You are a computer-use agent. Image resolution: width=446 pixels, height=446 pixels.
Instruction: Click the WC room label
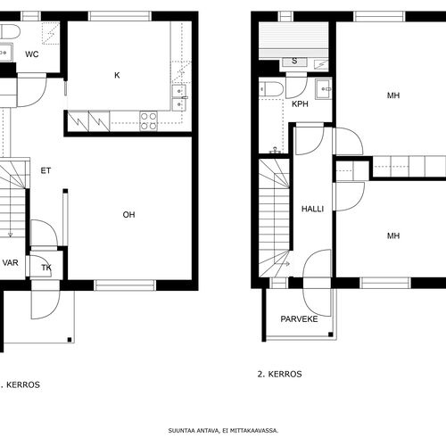[x=32, y=54]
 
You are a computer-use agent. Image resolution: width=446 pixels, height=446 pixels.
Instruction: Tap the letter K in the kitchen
[x=117, y=75]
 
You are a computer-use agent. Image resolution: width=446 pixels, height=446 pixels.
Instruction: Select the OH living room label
[x=128, y=215]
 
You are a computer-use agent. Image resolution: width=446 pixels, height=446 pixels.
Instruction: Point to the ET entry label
[x=45, y=170]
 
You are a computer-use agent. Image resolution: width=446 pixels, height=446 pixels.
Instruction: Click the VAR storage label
[x=11, y=262]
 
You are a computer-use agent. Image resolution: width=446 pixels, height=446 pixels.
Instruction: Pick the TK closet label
[x=46, y=268]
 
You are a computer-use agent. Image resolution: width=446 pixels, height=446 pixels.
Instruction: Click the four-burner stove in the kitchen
[x=149, y=121]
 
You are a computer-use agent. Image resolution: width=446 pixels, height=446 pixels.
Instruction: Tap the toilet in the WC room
[x=10, y=32]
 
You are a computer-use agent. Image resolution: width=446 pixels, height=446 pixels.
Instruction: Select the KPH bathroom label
[x=300, y=104]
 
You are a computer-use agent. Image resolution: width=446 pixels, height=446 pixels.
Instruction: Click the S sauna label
[x=294, y=61]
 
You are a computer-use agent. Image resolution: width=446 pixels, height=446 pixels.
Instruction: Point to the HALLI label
[x=312, y=209]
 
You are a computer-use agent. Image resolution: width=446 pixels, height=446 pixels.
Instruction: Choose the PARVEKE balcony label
[x=299, y=319]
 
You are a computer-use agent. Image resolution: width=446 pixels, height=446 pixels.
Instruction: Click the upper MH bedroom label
[x=393, y=95]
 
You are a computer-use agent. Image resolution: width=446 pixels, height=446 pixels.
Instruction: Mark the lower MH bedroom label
[x=393, y=235]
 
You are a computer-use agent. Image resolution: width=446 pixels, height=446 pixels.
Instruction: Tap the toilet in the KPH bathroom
[x=271, y=89]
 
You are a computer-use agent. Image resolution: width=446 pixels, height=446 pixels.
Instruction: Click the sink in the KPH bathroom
[x=323, y=88]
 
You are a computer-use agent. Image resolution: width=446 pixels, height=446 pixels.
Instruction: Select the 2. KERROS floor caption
[x=279, y=374]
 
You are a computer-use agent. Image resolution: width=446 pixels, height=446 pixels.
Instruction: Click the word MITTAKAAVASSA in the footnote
[x=254, y=431]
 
